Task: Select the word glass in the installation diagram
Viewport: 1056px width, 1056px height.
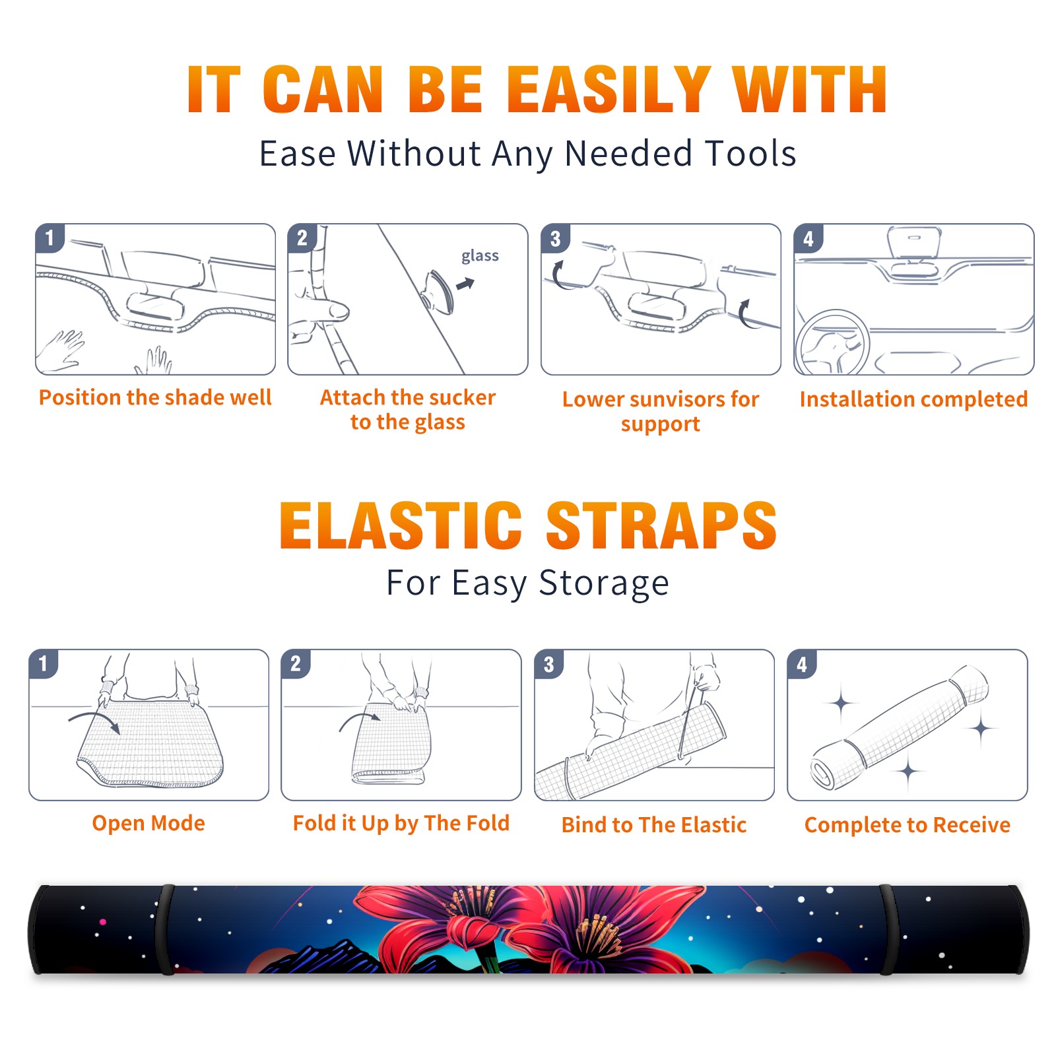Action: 480,256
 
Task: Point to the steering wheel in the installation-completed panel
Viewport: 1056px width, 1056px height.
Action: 833,342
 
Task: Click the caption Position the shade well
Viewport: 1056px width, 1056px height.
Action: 155,397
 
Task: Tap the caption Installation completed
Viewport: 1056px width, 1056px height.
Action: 913,399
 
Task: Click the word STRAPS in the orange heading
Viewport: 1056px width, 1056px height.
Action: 661,525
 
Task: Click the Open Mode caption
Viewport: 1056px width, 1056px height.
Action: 148,823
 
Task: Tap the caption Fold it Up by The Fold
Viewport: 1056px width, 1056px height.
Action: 401,823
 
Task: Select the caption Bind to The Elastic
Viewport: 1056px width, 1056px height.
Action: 654,825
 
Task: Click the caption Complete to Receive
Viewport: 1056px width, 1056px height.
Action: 907,825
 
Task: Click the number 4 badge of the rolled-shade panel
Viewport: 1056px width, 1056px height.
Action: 802,665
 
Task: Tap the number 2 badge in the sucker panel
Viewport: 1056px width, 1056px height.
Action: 302,238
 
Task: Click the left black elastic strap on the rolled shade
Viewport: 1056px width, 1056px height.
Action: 165,930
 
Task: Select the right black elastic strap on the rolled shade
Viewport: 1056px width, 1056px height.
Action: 890,930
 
